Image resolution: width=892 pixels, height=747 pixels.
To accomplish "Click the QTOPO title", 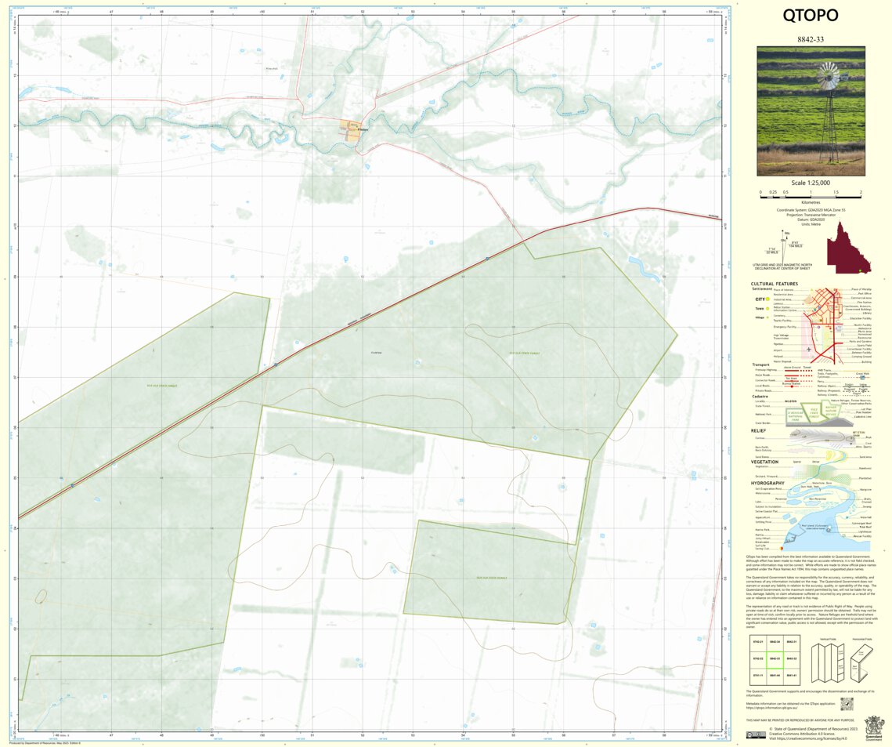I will point(811,16).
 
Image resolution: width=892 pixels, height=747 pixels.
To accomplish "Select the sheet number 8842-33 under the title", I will point(811,38).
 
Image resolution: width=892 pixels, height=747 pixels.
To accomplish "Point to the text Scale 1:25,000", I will point(811,183).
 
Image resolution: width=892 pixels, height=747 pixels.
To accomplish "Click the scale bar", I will point(811,192).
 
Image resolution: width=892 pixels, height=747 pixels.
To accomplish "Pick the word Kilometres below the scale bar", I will point(811,201).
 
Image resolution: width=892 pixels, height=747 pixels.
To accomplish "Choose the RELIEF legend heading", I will point(758,430).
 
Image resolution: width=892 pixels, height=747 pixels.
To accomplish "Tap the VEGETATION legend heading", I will point(764,462).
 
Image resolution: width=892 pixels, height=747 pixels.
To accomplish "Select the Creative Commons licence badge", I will point(756,734).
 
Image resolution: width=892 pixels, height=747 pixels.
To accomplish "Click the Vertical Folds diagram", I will point(826,658).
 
